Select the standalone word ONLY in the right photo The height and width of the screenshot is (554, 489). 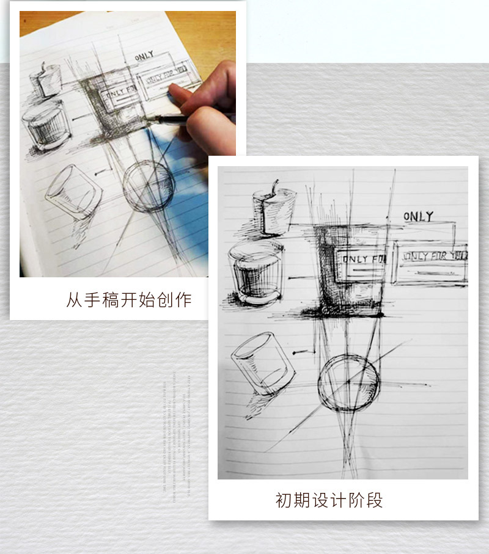point(418,216)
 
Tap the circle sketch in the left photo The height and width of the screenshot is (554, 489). point(149,186)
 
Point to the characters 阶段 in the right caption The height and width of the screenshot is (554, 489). point(368,500)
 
